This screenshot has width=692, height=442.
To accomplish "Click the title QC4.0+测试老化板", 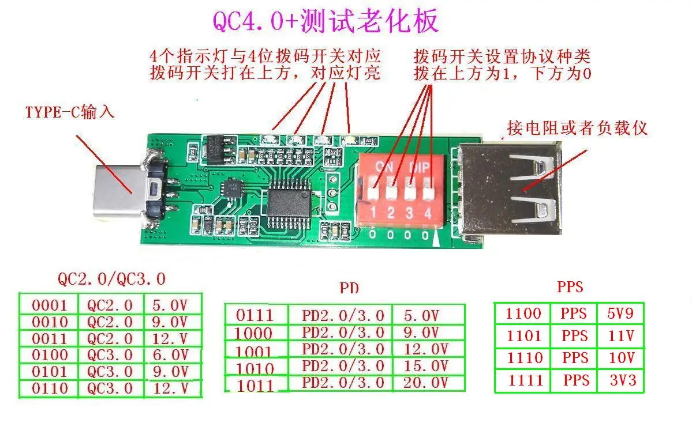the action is [x=326, y=21].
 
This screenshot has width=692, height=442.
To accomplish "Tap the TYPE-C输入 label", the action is [x=69, y=112].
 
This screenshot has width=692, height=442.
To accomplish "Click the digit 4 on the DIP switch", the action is [x=428, y=213].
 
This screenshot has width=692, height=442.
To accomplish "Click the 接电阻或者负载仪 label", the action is [x=577, y=128].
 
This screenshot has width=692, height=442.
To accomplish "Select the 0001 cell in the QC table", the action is [x=50, y=305].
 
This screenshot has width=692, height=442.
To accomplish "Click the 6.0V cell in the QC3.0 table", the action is [x=171, y=355].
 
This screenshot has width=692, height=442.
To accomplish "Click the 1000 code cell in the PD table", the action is [x=255, y=333].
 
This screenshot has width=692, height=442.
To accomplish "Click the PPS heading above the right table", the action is [x=570, y=286].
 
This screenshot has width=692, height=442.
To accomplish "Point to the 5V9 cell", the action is [x=620, y=314].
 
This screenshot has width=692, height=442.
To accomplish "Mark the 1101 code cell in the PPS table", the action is [x=523, y=336].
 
